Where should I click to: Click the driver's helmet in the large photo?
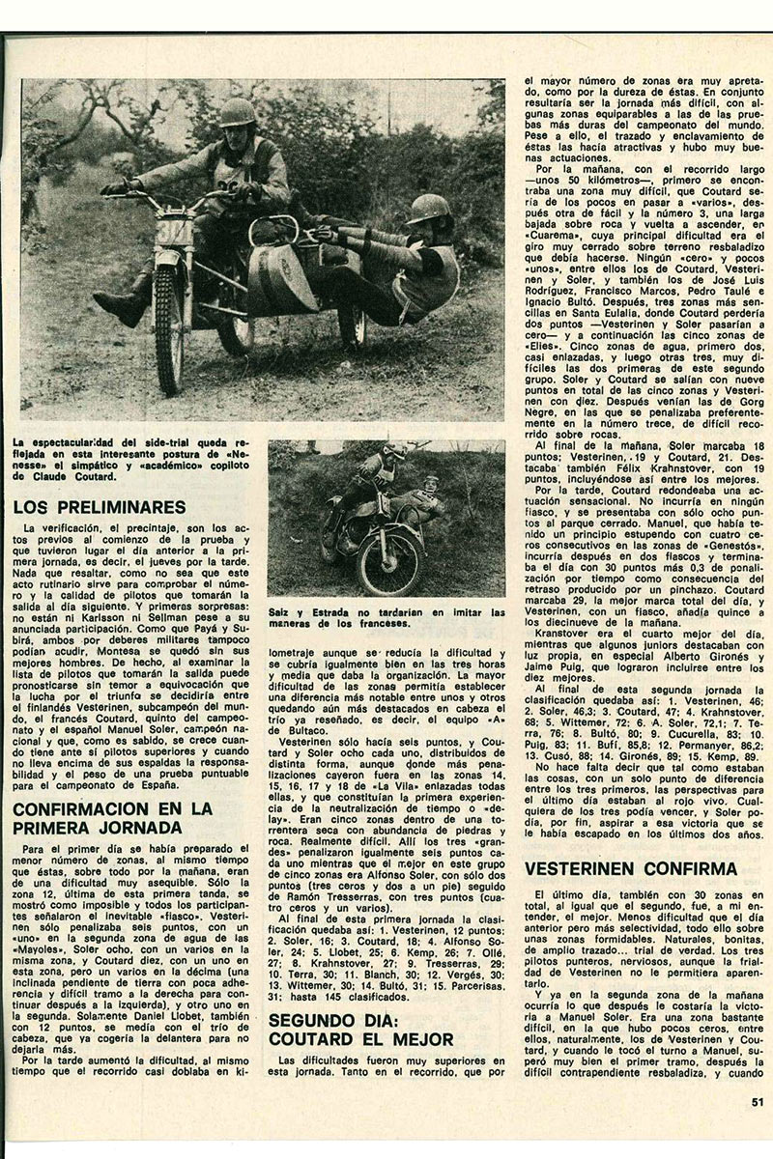pos(236,112)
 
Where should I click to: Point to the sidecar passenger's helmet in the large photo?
pos(429,210)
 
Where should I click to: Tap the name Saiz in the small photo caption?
pos(283,612)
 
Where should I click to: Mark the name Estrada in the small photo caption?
pos(329,612)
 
